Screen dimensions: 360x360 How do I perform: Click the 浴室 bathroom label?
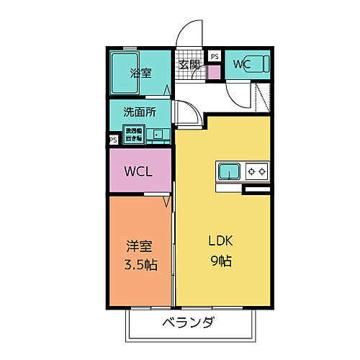tap(140, 73)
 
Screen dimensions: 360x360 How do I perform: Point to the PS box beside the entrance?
tap(215, 55)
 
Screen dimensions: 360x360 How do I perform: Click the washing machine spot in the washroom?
tap(134, 133)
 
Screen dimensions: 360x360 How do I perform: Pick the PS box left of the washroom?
tap(113, 140)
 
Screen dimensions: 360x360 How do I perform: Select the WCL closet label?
tap(138, 172)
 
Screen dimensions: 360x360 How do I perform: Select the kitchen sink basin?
tap(229, 172)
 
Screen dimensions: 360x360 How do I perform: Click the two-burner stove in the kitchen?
tap(256, 172)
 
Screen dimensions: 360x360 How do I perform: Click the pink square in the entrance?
tap(213, 72)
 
